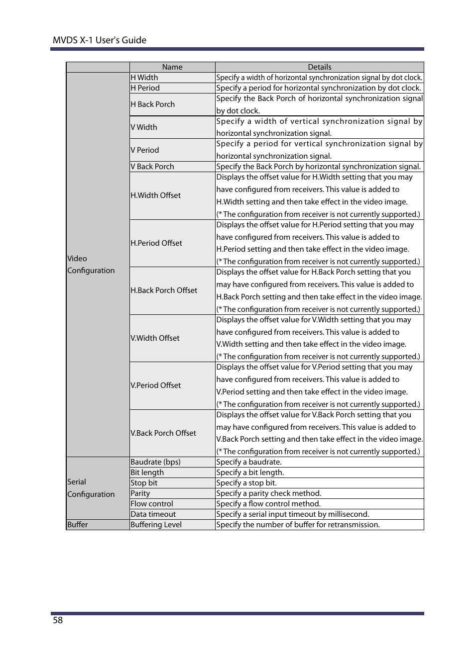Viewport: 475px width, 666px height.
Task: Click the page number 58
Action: pos(58,620)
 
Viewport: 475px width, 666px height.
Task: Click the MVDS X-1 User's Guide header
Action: pos(100,40)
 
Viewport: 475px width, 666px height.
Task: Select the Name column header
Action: pos(172,67)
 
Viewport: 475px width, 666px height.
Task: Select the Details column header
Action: pos(319,67)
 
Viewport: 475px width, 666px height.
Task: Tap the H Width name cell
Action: pos(144,78)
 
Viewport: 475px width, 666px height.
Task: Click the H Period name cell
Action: pos(145,88)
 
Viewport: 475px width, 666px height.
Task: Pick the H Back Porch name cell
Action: pos(153,104)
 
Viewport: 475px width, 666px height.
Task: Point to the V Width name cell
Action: pos(144,127)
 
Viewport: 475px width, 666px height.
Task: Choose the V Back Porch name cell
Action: pos(152,167)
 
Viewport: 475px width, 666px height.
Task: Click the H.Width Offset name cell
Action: pos(156,195)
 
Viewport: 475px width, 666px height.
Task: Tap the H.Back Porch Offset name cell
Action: pos(164,290)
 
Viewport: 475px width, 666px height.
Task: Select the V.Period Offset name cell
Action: pos(156,385)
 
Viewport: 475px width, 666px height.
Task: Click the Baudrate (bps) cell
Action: pos(155,462)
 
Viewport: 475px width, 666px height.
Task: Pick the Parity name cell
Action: pos(140,493)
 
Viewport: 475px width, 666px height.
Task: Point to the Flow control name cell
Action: pos(152,504)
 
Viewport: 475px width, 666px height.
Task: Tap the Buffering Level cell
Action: pos(156,525)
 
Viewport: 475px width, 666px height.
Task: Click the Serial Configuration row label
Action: pos(91,488)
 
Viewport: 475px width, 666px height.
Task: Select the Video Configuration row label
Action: pos(91,265)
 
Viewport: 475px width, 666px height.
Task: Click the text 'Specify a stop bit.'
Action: pos(246,483)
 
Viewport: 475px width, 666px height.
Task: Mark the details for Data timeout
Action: pos(293,514)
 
